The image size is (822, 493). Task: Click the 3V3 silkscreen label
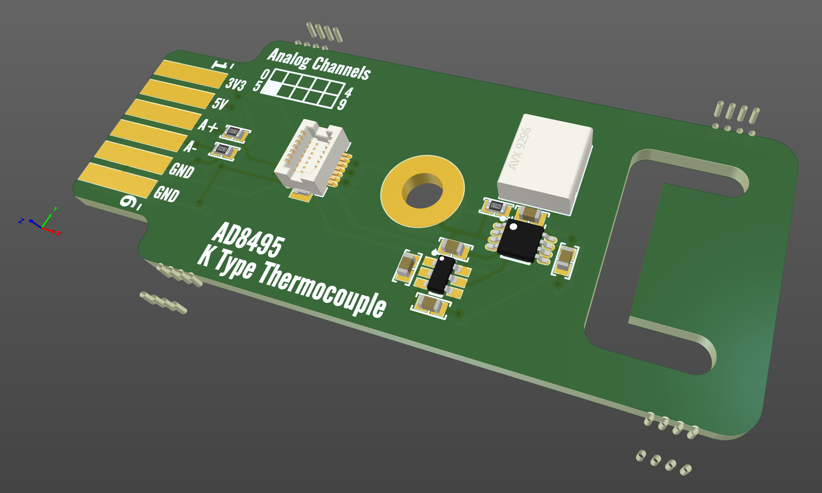click(236, 84)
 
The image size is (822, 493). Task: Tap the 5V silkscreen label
click(220, 103)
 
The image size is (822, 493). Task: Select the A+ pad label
click(208, 125)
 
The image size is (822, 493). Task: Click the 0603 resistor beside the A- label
click(224, 150)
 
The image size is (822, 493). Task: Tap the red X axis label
click(59, 233)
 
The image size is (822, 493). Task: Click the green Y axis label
click(56, 209)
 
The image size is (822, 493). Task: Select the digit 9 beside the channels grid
click(342, 104)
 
